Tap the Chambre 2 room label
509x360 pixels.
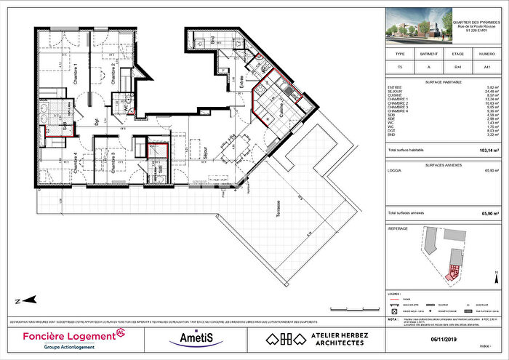click(x=113, y=74)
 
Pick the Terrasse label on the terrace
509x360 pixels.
click(x=280, y=215)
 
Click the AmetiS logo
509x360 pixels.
click(x=191, y=338)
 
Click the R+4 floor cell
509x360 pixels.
click(x=456, y=65)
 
